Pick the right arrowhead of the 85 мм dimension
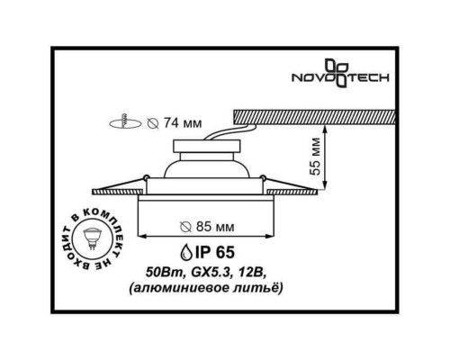tap(272, 238)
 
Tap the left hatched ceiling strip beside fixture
tap(115, 190)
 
